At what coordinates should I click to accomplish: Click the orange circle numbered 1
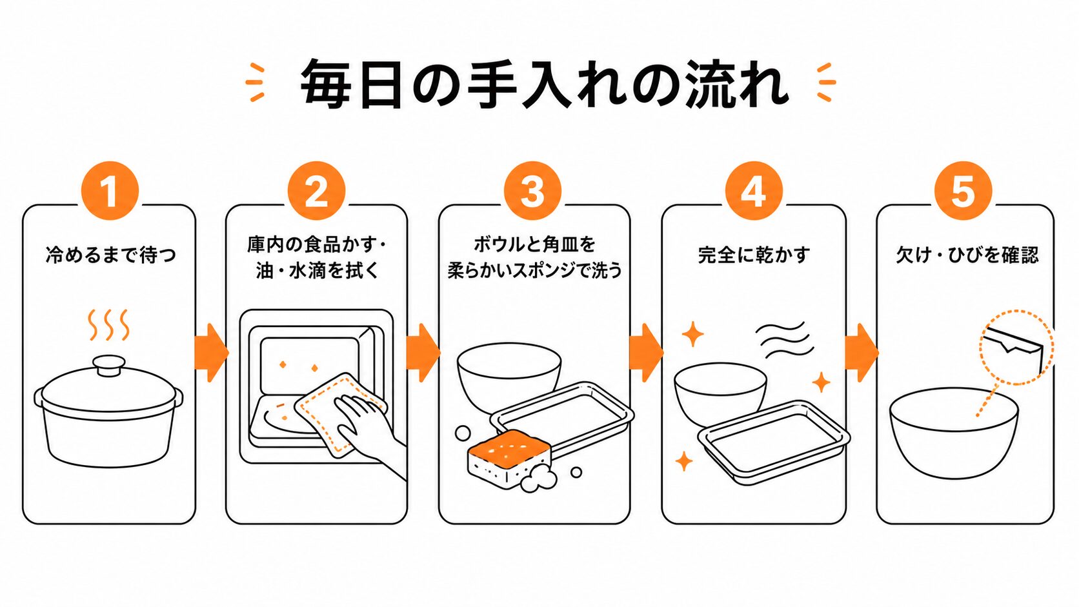click(x=110, y=191)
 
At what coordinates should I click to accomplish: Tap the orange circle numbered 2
click(x=316, y=191)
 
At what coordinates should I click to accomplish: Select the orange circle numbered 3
click(x=533, y=191)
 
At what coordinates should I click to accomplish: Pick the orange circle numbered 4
click(x=754, y=191)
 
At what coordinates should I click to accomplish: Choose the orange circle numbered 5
click(x=963, y=191)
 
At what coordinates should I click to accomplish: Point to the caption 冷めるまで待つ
click(x=111, y=255)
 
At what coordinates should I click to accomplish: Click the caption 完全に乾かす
click(x=754, y=255)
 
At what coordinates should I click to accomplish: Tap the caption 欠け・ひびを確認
click(x=967, y=255)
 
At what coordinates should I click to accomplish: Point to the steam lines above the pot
click(x=108, y=325)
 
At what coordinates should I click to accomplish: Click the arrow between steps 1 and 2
click(x=211, y=353)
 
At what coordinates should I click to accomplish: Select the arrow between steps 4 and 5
click(x=862, y=353)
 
